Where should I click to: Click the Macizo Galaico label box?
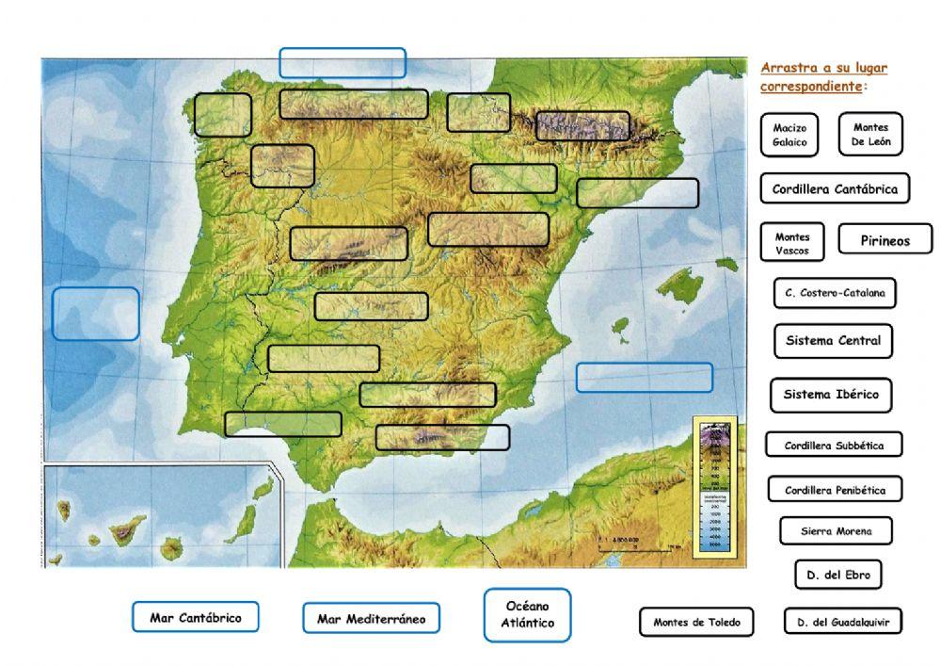pos(789,135)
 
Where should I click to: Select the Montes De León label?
pos(870,135)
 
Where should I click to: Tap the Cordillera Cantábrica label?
pos(835,188)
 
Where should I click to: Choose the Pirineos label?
pos(885,240)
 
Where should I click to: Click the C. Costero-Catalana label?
pos(835,293)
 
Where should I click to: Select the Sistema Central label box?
pos(833,341)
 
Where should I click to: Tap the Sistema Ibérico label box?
pos(831,395)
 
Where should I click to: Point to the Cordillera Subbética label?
pos(834,446)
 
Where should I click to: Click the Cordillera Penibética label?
pos(835,490)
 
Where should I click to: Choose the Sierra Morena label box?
pos(836,531)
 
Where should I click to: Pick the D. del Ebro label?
pos(837,575)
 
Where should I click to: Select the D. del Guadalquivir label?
pos(843,622)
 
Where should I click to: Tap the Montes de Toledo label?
pos(696,622)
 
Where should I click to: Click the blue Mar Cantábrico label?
pos(195,618)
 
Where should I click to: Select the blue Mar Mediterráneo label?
pos(371,619)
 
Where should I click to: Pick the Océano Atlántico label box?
pos(527,615)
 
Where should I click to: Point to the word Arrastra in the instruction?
pos(786,68)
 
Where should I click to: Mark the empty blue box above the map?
pos(343,63)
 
